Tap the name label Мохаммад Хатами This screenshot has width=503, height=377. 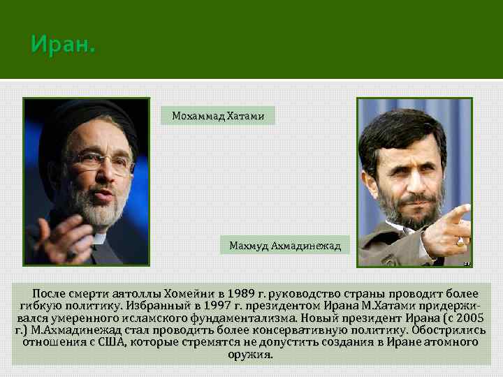218,116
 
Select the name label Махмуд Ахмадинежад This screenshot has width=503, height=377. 285,246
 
